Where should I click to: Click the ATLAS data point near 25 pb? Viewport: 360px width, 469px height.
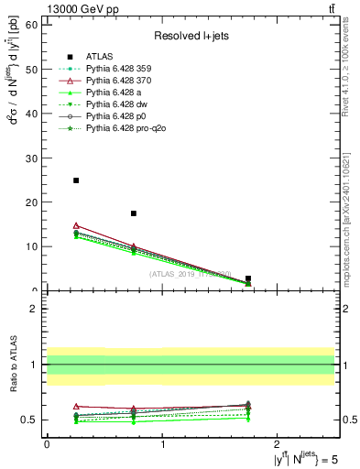pyautogui.click(x=76, y=180)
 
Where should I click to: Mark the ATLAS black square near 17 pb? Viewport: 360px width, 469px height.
pyautogui.click(x=134, y=213)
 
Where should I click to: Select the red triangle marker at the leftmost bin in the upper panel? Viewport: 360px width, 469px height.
pyautogui.click(x=76, y=225)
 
